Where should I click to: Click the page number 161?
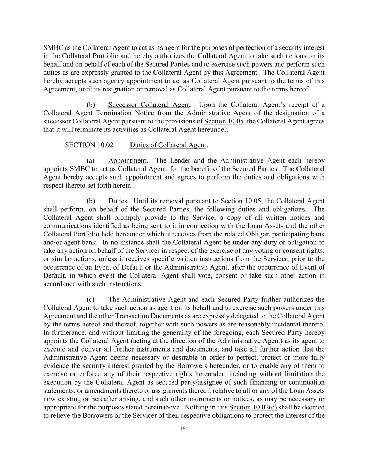tap(184, 429)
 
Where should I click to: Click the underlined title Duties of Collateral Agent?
tap(168, 145)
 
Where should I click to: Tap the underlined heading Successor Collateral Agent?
tap(149, 105)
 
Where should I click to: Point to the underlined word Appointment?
tap(127, 160)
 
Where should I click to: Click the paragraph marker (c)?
tap(91, 299)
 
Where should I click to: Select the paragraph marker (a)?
tap(91, 160)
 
